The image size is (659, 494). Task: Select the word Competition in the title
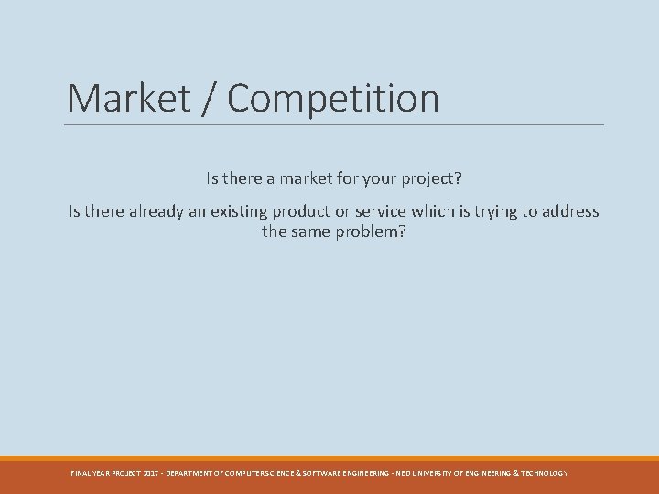tap(333, 99)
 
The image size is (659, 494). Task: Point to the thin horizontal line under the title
tap(335, 124)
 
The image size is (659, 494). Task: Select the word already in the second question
tap(160, 211)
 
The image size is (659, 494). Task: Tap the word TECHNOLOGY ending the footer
tap(545, 473)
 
